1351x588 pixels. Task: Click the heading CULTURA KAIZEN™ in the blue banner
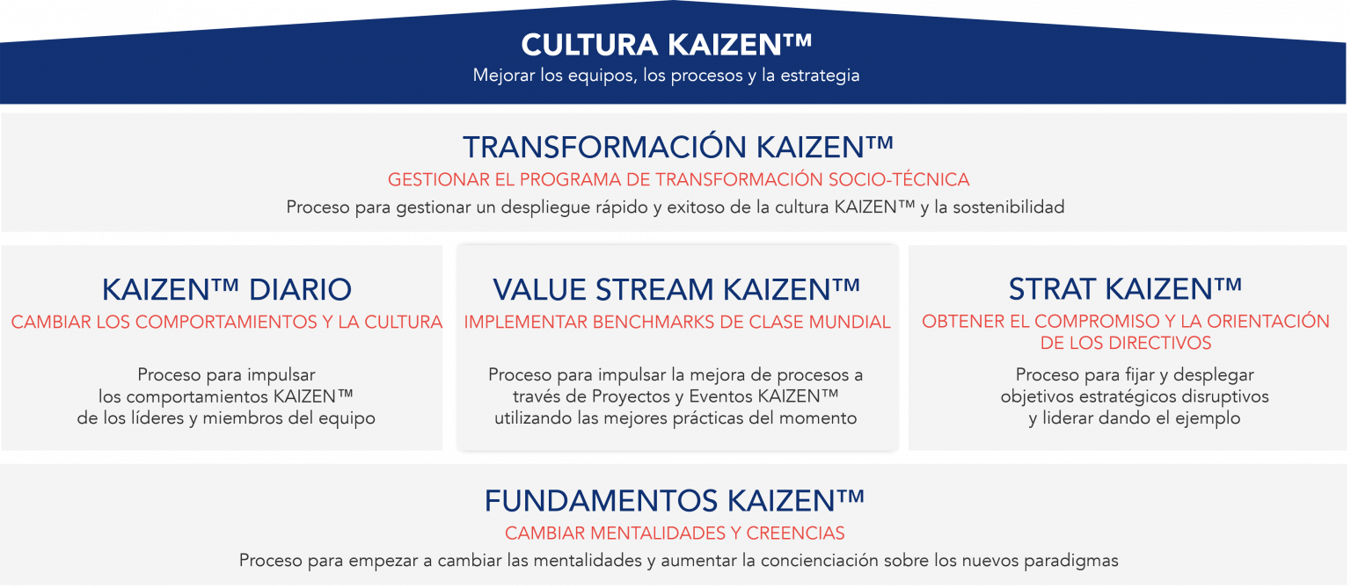point(666,46)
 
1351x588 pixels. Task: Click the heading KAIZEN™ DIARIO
point(226,289)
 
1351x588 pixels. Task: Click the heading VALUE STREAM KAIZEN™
point(676,289)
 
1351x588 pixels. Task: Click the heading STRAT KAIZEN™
point(1125,288)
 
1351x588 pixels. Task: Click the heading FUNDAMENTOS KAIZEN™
point(674,501)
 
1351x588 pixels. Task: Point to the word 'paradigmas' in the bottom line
point(1076,560)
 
